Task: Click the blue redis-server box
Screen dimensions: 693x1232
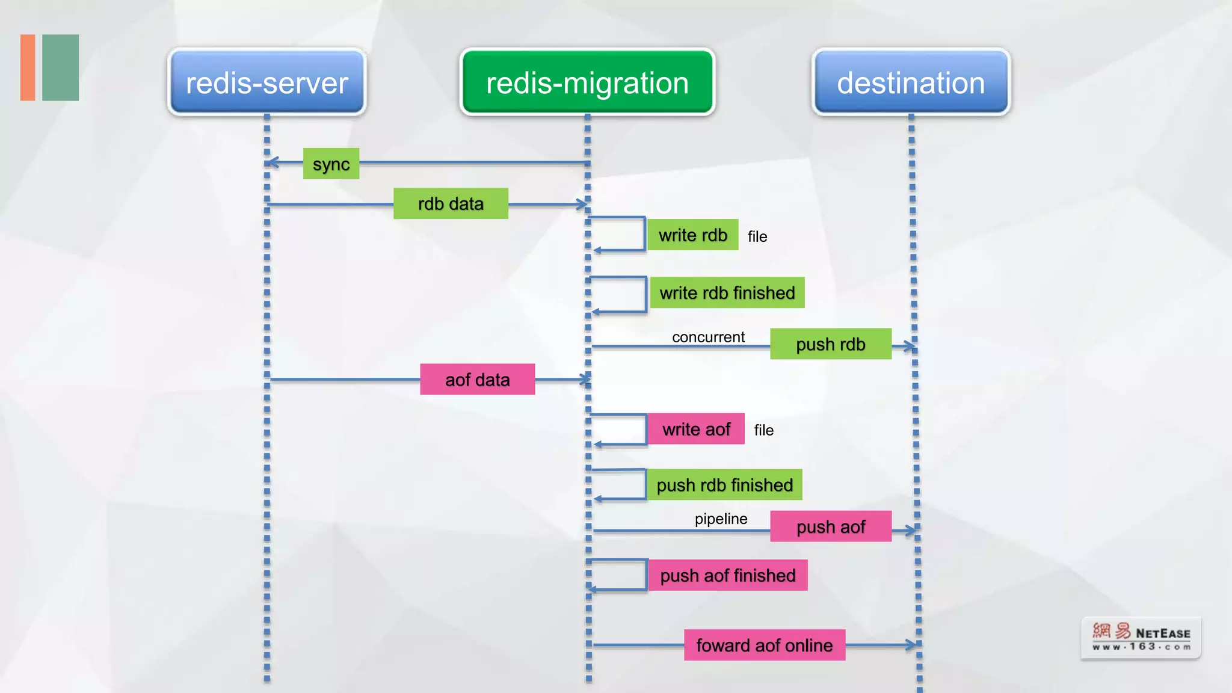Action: coord(266,82)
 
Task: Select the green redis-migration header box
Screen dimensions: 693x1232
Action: coord(587,82)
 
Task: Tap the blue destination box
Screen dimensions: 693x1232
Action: coord(911,82)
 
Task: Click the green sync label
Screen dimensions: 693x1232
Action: coord(331,164)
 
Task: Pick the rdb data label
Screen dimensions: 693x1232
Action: coord(451,204)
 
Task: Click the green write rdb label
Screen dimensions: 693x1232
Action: coord(693,235)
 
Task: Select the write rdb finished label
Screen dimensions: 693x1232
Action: coord(727,293)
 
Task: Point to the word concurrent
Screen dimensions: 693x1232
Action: coord(708,337)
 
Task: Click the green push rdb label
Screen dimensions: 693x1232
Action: coord(830,344)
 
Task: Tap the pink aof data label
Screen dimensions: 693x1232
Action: coord(477,380)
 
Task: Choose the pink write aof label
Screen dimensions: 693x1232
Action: coord(696,430)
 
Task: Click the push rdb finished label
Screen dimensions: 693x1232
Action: coord(724,485)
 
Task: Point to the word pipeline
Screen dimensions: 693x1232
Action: coord(721,519)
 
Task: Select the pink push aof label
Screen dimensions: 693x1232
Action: coord(830,527)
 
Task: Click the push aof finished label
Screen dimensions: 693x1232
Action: coord(727,576)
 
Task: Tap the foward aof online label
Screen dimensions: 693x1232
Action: coord(764,645)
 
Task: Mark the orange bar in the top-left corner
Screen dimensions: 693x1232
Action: coord(28,67)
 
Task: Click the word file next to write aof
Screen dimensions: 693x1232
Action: coord(763,431)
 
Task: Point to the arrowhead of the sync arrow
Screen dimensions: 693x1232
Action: coord(271,162)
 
